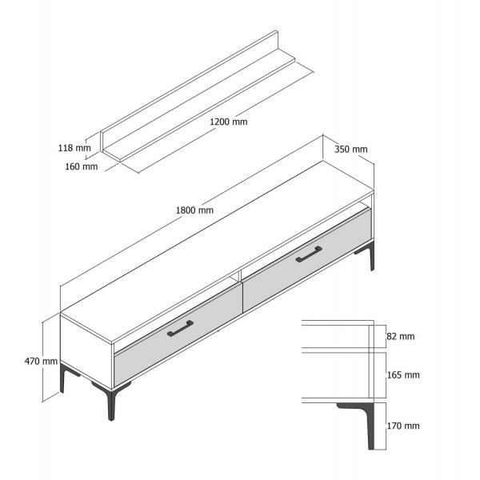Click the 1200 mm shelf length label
tap(228, 122)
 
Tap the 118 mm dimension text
tap(74, 148)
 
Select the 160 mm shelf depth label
tap(81, 166)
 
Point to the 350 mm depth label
tap(351, 150)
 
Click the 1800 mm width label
tap(194, 210)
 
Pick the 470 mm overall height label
tap(41, 362)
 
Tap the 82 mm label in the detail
tap(401, 337)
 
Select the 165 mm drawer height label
tap(403, 375)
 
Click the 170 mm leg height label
tap(403, 426)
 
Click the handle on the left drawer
tap(180, 329)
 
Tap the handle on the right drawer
tap(309, 254)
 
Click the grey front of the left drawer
tap(178, 337)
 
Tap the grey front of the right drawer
tap(307, 260)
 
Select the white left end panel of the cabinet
tap(86, 352)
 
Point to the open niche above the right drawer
tap(306, 238)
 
